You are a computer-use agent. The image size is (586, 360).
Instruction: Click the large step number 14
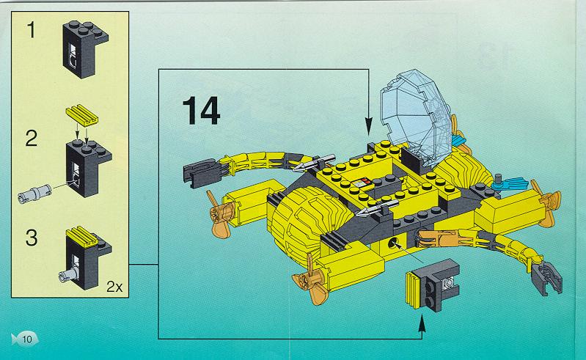click(201, 111)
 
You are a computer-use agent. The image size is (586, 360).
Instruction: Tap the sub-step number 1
click(32, 30)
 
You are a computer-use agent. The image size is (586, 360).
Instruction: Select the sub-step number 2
click(32, 138)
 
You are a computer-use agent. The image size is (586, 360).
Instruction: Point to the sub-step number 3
click(32, 238)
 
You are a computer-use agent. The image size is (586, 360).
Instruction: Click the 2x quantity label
click(114, 287)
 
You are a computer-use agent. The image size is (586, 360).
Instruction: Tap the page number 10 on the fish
click(27, 339)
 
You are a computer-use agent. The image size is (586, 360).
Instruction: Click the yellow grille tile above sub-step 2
click(82, 114)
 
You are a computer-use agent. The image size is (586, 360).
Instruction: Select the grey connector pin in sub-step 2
click(34, 194)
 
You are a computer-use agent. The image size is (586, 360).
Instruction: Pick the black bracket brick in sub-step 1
click(84, 48)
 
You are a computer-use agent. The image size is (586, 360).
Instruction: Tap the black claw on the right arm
click(546, 277)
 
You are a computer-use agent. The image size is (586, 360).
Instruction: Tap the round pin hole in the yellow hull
click(392, 243)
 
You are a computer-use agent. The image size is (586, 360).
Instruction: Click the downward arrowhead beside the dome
click(368, 126)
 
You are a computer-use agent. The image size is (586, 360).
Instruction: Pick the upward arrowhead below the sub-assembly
click(422, 323)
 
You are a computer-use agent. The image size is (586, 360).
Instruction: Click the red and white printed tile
click(362, 183)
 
